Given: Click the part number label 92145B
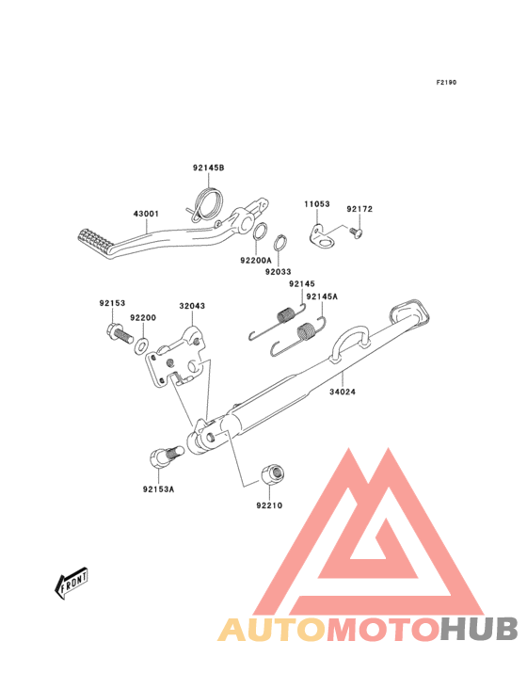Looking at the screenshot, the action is (208, 168).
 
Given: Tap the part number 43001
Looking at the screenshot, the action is (146, 214).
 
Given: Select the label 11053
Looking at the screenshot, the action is (316, 204).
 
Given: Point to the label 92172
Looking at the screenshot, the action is (359, 209).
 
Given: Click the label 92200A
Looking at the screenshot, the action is (256, 260).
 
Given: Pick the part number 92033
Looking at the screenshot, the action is (278, 272).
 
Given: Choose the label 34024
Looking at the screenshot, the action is (343, 391).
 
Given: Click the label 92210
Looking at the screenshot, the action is (269, 505).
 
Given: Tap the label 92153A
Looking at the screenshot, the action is (158, 489).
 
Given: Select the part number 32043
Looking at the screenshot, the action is (192, 305).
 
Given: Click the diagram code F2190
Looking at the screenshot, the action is (446, 82).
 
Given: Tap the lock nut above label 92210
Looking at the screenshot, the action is (273, 474).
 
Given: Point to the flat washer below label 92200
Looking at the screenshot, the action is (140, 344).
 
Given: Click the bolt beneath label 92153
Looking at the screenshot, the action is (120, 335).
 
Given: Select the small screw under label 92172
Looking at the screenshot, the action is (356, 232).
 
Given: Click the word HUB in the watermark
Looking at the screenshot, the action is (480, 629).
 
